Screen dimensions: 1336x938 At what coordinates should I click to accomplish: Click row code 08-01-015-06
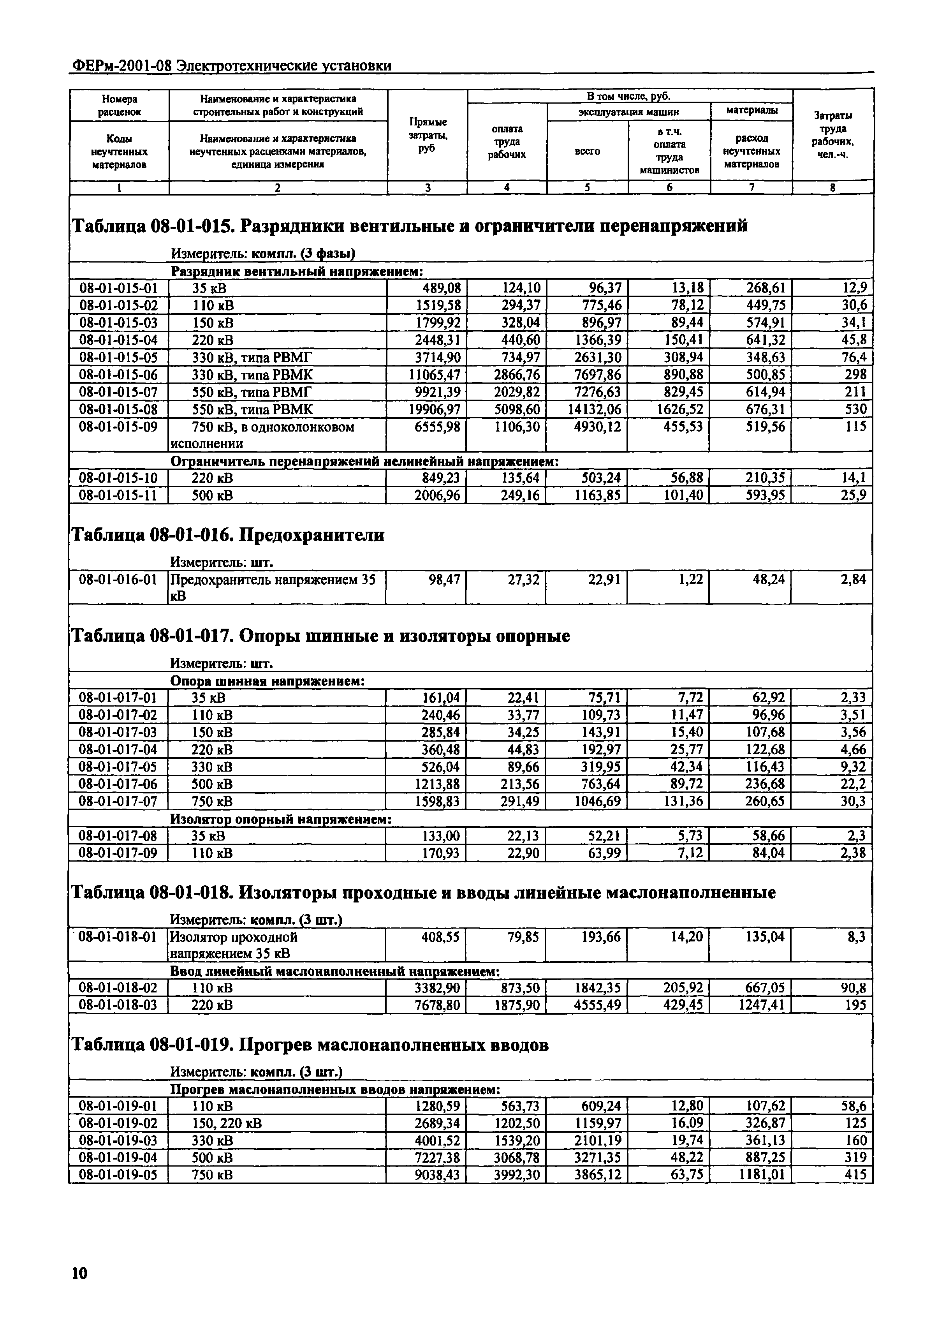click(x=119, y=375)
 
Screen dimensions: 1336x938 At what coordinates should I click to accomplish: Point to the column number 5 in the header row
click(x=587, y=187)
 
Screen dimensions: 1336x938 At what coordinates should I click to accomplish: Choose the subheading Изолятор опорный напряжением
click(x=280, y=819)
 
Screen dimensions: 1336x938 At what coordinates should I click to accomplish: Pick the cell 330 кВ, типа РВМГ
click(x=252, y=357)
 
